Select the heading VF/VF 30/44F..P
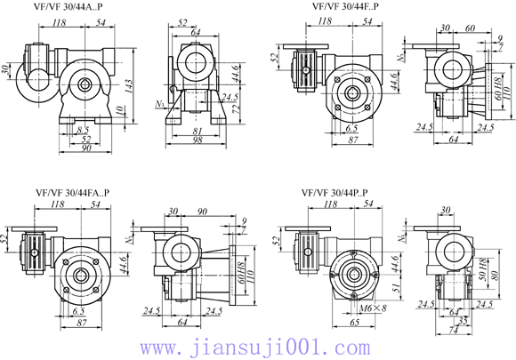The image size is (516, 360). [346, 6]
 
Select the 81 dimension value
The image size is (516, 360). [197, 132]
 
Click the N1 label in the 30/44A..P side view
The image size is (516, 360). [158, 104]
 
